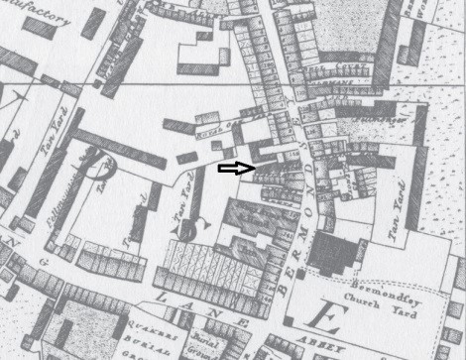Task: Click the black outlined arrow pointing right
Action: click(236, 169)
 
